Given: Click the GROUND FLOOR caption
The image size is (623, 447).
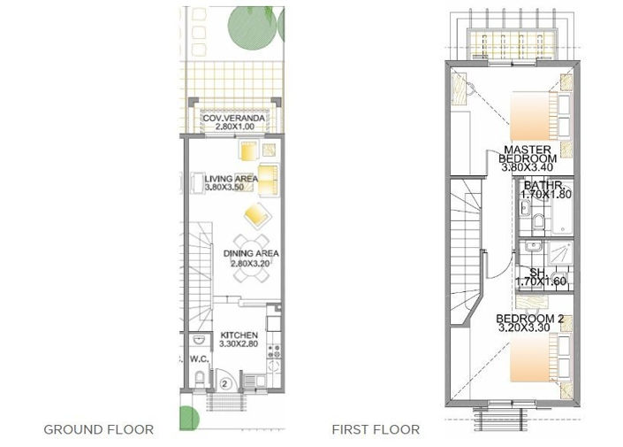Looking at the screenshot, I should [x=99, y=429].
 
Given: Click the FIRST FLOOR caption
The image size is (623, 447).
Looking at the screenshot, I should [x=376, y=429].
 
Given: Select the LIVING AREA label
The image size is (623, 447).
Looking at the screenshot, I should [x=231, y=179].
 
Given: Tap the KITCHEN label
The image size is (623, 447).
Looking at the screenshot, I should [x=239, y=335].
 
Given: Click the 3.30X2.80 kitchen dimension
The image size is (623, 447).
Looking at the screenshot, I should [x=238, y=343].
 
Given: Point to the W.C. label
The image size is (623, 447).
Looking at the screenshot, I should [x=197, y=359].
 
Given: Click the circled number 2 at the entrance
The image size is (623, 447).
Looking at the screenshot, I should [x=225, y=383].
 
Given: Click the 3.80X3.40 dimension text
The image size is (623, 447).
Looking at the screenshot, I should [x=528, y=166].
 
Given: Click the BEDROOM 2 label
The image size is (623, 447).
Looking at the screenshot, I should [x=528, y=319].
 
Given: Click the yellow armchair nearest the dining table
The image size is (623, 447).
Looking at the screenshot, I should [x=256, y=213].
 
